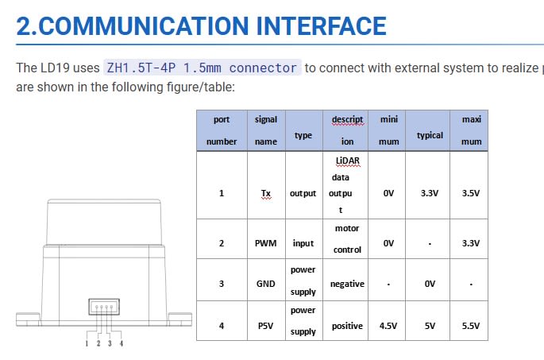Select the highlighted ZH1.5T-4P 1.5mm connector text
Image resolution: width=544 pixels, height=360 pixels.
pyautogui.click(x=202, y=68)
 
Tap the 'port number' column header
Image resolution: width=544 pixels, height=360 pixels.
pyautogui.click(x=222, y=130)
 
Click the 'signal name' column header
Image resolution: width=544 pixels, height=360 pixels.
pyautogui.click(x=266, y=130)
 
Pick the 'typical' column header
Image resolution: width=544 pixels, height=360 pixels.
pyautogui.click(x=430, y=136)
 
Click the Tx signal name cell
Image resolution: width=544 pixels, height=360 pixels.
pyautogui.click(x=266, y=193)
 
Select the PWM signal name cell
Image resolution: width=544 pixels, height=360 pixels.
pyautogui.click(x=266, y=243)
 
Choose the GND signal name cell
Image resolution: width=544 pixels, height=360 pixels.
pyautogui.click(x=266, y=284)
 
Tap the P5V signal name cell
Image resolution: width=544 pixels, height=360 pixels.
pyautogui.click(x=266, y=326)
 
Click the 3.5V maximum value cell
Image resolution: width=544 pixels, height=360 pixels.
pyautogui.click(x=470, y=193)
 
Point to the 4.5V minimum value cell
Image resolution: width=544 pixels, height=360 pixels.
pyautogui.click(x=388, y=326)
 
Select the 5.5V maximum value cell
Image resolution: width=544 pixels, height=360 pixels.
pyautogui.click(x=470, y=326)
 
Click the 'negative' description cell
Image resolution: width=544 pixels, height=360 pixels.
pyautogui.click(x=347, y=284)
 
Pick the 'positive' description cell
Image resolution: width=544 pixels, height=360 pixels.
pyautogui.click(x=347, y=326)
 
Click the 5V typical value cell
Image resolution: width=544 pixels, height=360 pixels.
pyautogui.click(x=430, y=326)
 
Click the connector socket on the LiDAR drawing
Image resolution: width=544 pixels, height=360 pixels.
pyautogui.click(x=103, y=308)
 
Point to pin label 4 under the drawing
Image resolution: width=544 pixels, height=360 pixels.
pyautogui.click(x=122, y=343)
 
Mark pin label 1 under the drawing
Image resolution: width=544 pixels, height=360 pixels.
pyautogui.click(x=86, y=343)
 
